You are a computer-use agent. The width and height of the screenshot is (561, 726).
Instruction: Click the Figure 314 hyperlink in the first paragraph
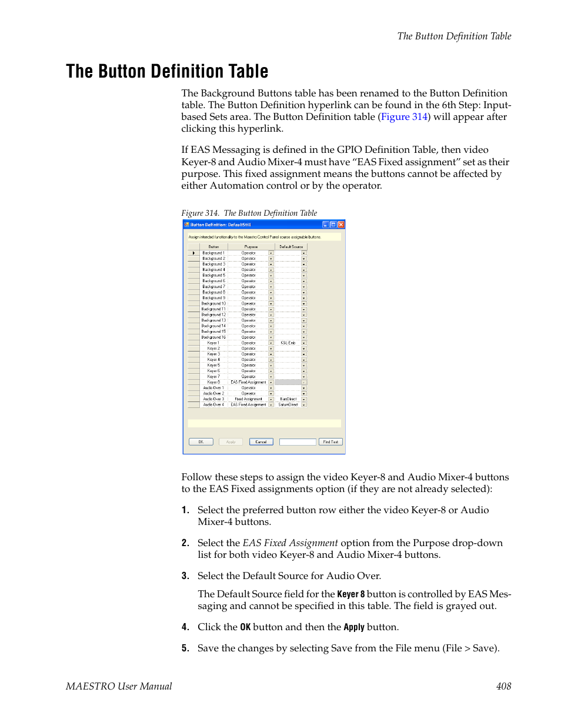404,117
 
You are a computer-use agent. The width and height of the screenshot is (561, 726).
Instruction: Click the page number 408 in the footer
503,686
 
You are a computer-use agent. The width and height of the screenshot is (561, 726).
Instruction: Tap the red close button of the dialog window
341,225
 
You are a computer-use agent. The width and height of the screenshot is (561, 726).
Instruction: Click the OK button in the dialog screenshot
201,442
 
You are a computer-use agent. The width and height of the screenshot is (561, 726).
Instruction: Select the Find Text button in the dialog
330,442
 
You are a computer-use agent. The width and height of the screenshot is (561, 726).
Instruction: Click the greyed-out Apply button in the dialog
231,442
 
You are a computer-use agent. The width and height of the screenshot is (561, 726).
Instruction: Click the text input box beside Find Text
298,442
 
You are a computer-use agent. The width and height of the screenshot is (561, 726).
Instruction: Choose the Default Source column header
290,247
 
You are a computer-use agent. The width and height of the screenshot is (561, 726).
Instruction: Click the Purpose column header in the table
251,247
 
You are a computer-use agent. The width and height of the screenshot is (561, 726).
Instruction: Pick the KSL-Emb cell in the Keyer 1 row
288,343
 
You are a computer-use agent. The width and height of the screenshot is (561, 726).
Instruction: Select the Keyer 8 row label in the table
213,382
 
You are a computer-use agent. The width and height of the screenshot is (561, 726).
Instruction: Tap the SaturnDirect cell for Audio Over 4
288,404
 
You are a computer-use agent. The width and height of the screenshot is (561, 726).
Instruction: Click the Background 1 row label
213,253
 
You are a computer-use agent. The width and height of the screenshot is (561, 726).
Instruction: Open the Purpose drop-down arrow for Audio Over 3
271,399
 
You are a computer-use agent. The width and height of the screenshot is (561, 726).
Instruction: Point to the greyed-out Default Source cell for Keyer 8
288,382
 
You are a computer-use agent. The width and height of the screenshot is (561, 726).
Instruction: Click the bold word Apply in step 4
354,627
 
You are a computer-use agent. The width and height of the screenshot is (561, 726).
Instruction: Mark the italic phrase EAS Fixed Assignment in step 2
290,543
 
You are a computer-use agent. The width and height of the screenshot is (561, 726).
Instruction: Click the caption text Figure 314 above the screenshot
200,213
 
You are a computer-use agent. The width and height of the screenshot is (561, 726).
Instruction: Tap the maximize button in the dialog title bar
333,225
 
